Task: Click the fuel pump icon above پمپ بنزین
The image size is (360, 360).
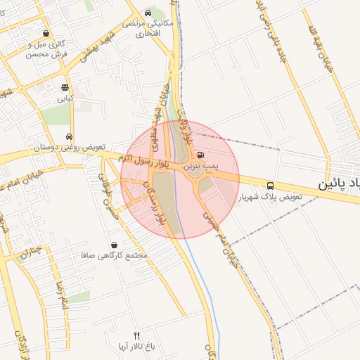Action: (x=201, y=155)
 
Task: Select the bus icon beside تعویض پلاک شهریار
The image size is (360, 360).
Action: (x=271, y=186)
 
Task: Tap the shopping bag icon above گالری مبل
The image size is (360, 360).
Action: (x=46, y=33)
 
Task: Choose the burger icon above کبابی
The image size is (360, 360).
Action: (x=65, y=88)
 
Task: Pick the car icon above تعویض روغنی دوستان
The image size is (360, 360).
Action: (x=69, y=136)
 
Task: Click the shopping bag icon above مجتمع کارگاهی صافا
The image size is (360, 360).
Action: (x=115, y=244)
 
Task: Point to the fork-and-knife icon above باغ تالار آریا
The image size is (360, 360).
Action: (x=137, y=335)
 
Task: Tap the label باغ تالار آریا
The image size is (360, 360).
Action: (x=137, y=347)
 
